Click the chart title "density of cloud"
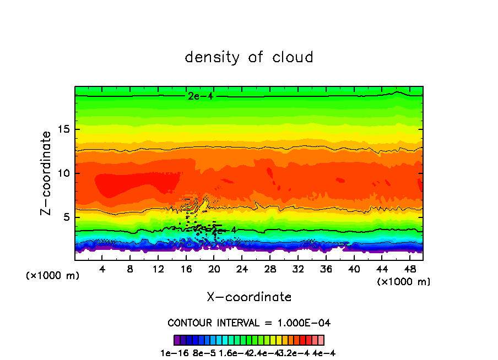[249, 57]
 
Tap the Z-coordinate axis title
[46, 173]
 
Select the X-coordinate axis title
[249, 297]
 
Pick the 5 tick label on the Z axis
[66, 217]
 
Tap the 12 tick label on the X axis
[158, 269]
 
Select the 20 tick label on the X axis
[214, 269]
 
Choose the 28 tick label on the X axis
[270, 269]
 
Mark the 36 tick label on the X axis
[326, 269]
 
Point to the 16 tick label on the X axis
[186, 269]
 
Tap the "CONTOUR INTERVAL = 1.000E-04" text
[249, 323]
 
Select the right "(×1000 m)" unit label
[404, 282]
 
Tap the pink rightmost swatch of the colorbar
[321, 340]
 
